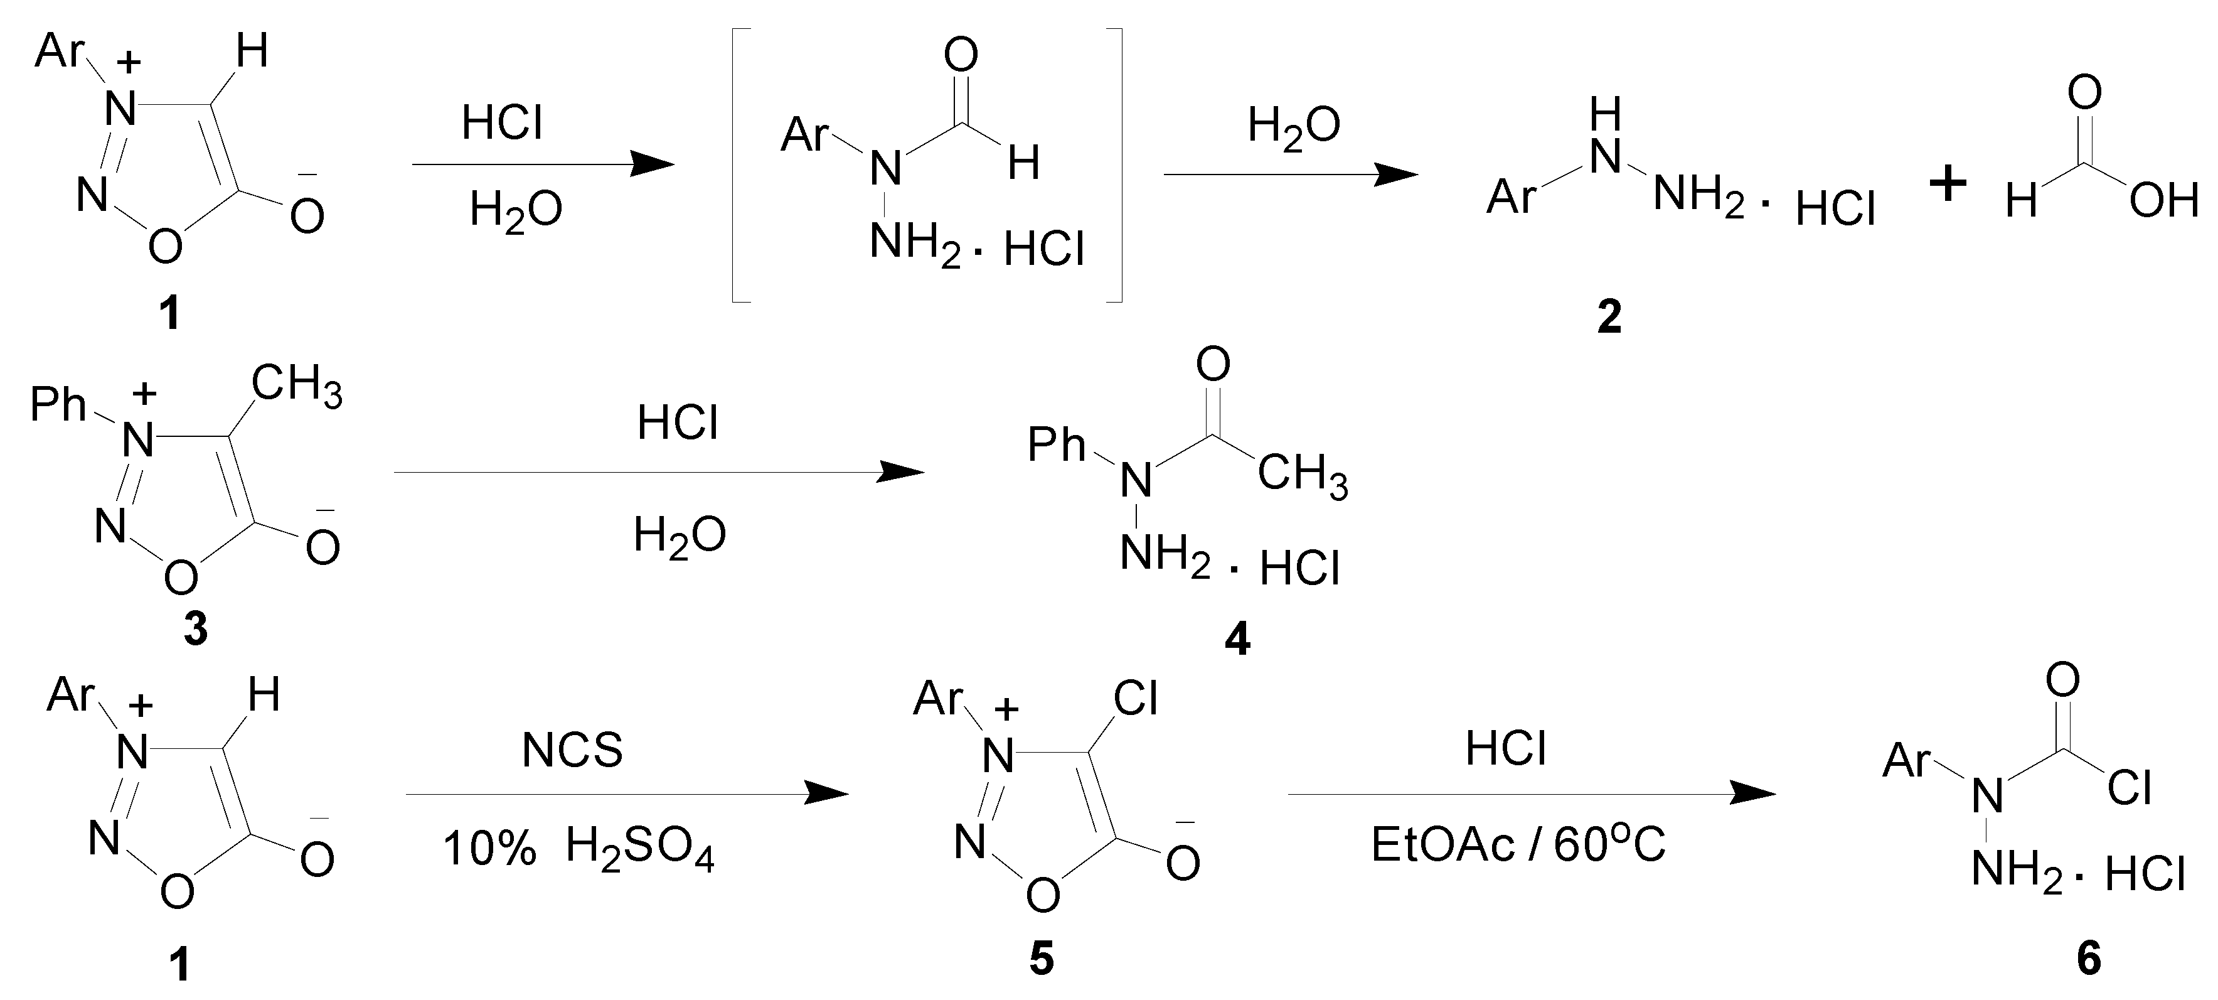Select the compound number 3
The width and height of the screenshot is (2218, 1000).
pyautogui.click(x=196, y=630)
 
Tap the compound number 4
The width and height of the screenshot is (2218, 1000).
pyautogui.click(x=1237, y=639)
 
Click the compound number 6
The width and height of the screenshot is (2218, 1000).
pyautogui.click(x=2089, y=959)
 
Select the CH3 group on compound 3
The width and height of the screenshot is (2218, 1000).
pyautogui.click(x=297, y=385)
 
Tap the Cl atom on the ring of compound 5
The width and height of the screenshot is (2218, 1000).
pyautogui.click(x=1135, y=699)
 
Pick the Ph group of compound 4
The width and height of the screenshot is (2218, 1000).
pyautogui.click(x=1057, y=445)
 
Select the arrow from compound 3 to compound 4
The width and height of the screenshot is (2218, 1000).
pyautogui.click(x=659, y=472)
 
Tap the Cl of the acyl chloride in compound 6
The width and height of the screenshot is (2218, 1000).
pyautogui.click(x=2130, y=787)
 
